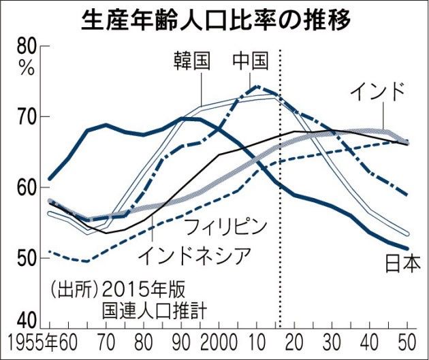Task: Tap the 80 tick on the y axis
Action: (27, 48)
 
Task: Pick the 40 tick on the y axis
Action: (27, 318)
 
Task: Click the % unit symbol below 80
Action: (27, 67)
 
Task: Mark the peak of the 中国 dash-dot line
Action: (255, 86)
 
